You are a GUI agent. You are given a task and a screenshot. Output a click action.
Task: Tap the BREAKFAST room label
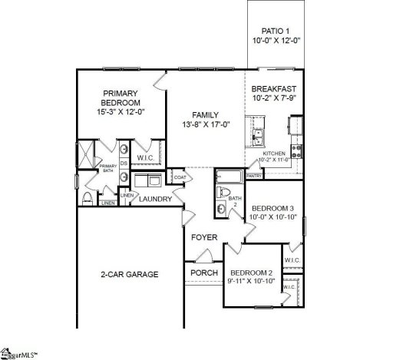[x=275, y=88]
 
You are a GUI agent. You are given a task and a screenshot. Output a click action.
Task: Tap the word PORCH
[x=204, y=273]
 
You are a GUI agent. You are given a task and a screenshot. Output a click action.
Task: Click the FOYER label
[x=204, y=238]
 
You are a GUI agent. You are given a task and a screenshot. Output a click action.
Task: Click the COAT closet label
[x=180, y=177]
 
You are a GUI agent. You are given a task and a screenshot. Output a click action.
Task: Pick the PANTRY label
[x=255, y=175]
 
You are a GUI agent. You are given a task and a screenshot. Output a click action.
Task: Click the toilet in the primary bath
[x=88, y=200]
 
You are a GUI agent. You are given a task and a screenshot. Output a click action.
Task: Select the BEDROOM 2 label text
[x=252, y=273]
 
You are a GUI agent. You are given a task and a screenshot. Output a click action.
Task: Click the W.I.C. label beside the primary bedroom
[x=146, y=158]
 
